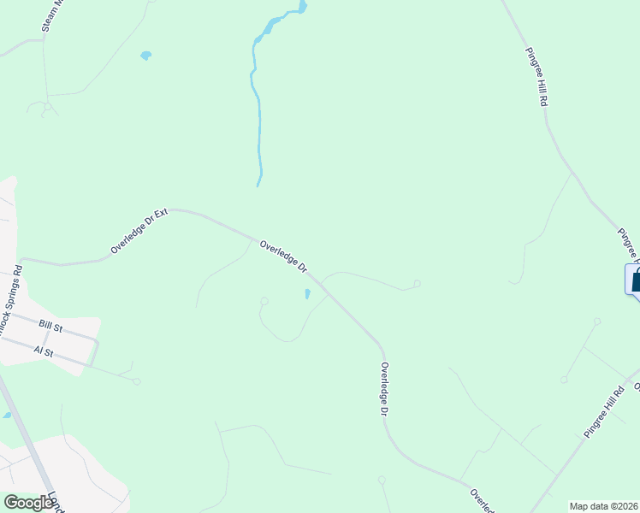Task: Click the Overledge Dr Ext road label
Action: click(138, 233)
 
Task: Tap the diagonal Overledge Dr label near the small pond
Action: click(284, 256)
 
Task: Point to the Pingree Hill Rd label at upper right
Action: click(536, 76)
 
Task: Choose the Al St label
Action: click(43, 351)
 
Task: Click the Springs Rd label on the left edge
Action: click(12, 291)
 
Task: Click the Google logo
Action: click(28, 503)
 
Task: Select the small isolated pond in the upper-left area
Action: click(145, 56)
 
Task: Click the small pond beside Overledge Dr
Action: click(307, 295)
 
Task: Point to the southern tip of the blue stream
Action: click(258, 184)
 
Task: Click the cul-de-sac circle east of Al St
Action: click(137, 381)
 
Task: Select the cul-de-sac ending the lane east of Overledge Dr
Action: click(417, 284)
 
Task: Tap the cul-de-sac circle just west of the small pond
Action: click(265, 301)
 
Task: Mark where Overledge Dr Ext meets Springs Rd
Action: click(20, 261)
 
